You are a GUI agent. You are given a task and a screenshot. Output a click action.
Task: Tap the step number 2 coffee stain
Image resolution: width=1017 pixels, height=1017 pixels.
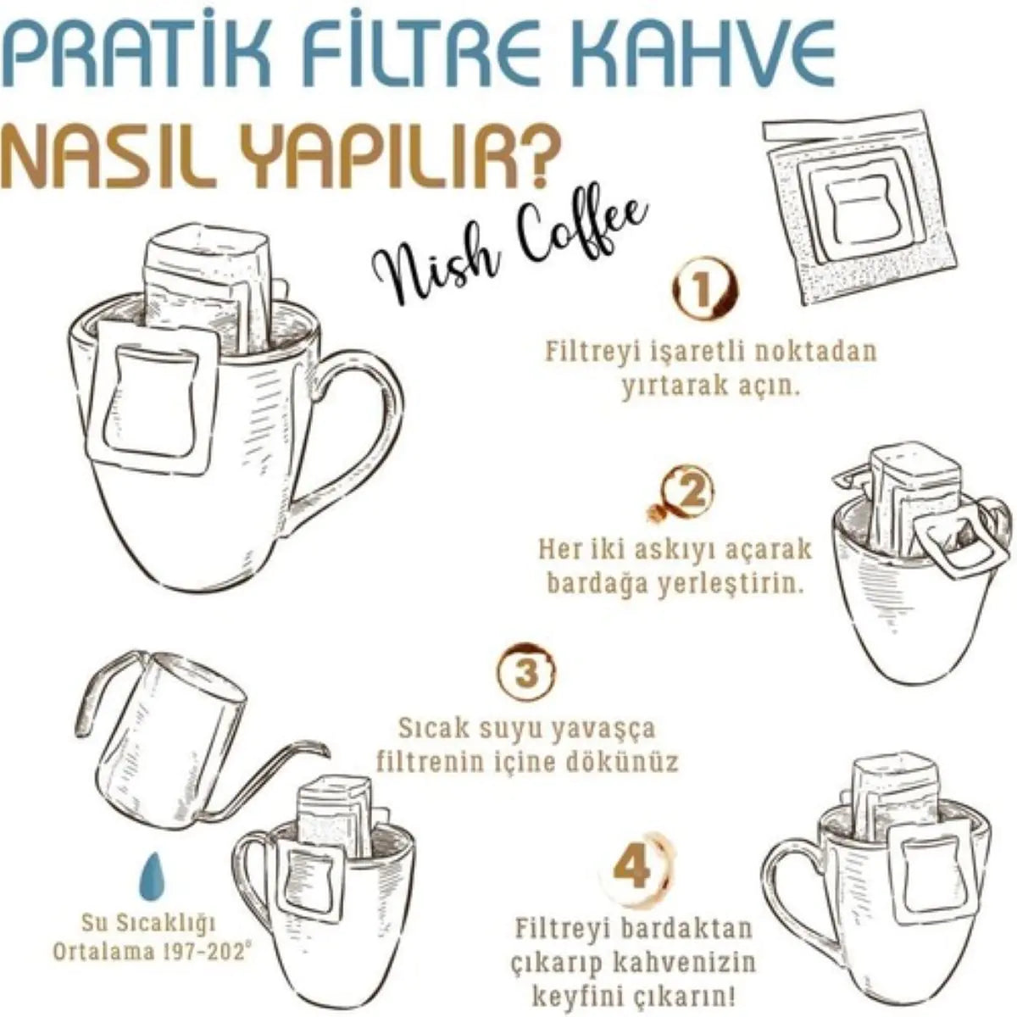click(691, 492)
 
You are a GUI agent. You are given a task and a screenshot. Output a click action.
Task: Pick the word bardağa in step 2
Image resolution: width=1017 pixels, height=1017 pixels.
click(602, 585)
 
